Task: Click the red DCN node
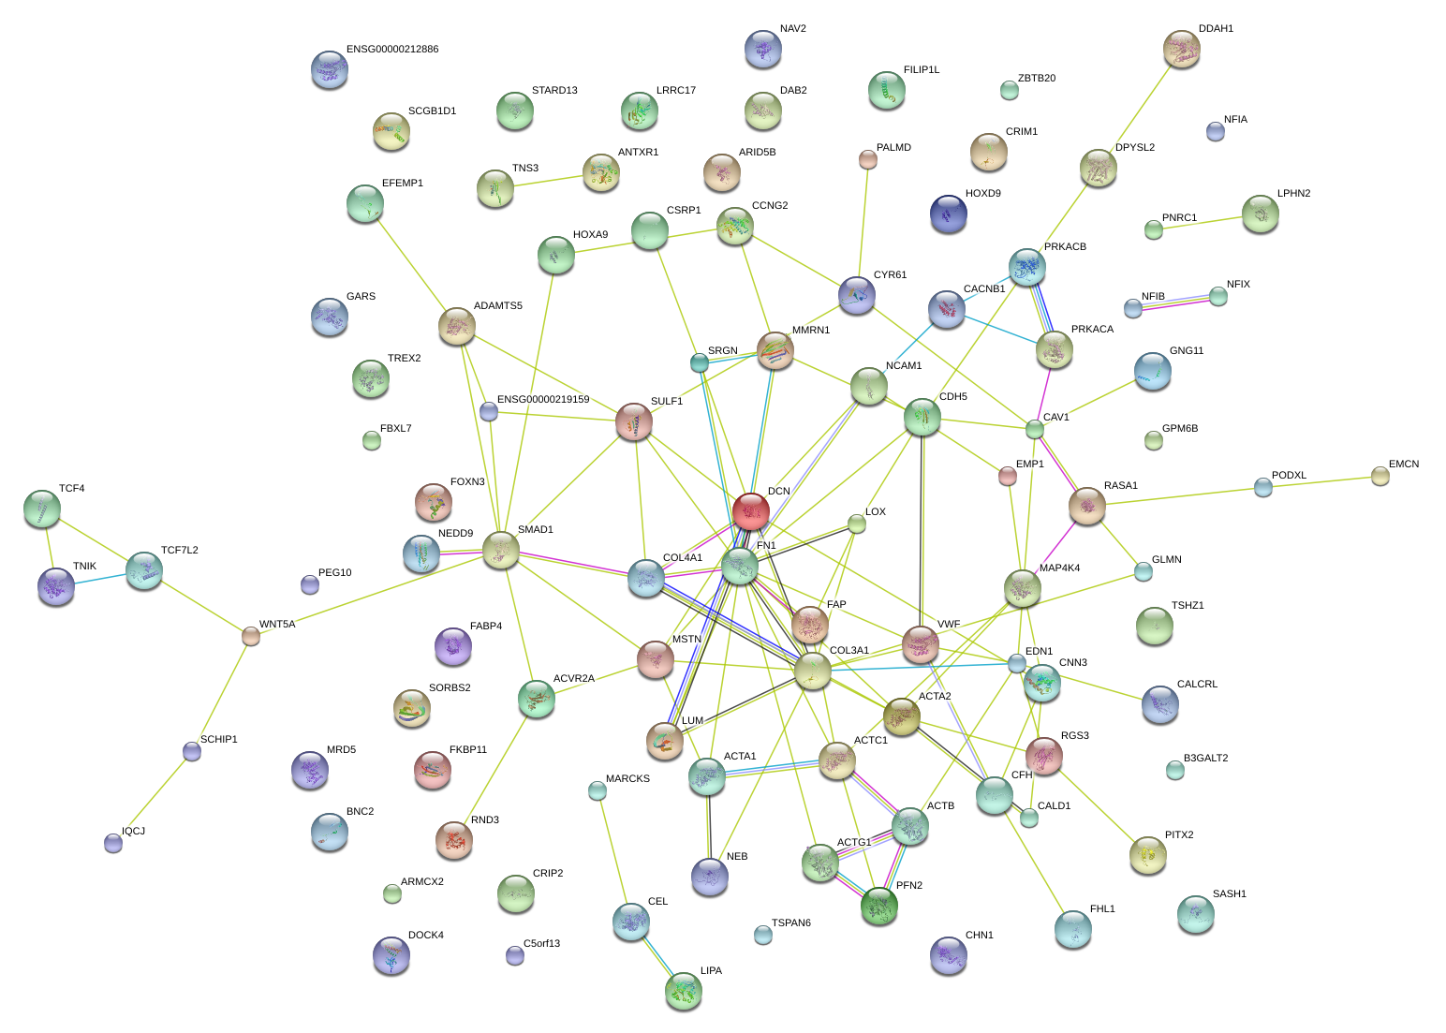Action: click(x=751, y=511)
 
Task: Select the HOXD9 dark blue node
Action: click(x=949, y=214)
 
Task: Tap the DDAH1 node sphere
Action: click(x=1182, y=49)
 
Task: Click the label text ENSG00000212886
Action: click(x=391, y=50)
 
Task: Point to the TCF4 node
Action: click(x=41, y=509)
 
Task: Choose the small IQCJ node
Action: click(x=113, y=843)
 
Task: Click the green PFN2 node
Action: click(x=879, y=906)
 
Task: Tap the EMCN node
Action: click(x=1380, y=476)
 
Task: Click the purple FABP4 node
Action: click(x=453, y=645)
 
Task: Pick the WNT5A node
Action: click(x=250, y=636)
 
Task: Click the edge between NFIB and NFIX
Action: click(x=1175, y=303)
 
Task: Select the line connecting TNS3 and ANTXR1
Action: click(x=548, y=181)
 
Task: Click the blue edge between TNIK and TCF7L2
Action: click(x=100, y=578)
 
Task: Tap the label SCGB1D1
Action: click(x=432, y=111)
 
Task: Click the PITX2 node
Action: click(x=1147, y=853)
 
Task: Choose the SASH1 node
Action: click(x=1195, y=913)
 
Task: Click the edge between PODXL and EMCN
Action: click(x=1321, y=481)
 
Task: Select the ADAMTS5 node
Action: click(x=456, y=326)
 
